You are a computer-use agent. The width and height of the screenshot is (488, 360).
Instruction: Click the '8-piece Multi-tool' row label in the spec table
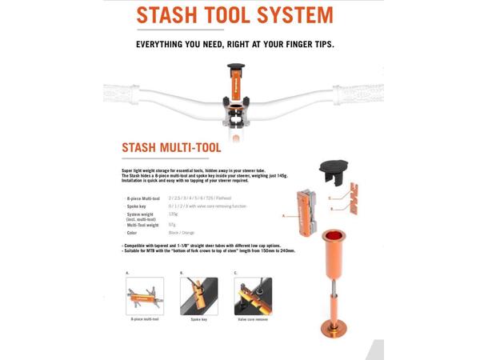point(143,198)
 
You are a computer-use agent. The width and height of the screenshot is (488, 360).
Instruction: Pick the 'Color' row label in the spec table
point(132,233)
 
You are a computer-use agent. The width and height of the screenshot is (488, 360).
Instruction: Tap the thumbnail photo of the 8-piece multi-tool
point(145,296)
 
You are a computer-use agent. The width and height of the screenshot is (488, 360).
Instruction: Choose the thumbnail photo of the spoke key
point(198,296)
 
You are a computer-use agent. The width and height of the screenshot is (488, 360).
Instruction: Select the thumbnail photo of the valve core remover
point(253,296)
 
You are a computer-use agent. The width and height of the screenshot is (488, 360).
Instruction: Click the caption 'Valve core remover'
point(253,320)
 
